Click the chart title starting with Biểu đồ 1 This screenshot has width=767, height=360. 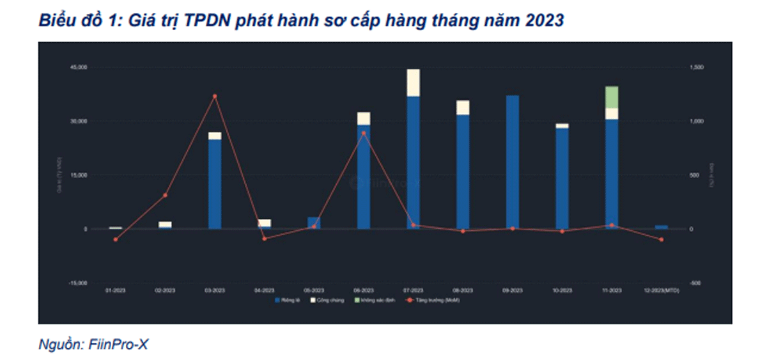(300, 20)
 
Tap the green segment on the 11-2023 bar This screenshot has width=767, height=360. (612, 97)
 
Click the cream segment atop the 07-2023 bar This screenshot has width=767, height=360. (414, 82)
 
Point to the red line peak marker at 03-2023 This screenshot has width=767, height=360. (215, 96)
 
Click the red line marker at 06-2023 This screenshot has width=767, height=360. (364, 133)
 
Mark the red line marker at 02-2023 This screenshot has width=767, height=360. (165, 195)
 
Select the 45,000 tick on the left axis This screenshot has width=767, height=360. (79, 67)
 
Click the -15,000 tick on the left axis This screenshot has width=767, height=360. (78, 283)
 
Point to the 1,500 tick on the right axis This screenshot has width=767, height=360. (696, 67)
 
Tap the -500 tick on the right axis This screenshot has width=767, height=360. (695, 283)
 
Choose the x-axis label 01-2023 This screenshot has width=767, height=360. (116, 290)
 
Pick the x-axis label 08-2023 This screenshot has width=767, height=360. (463, 290)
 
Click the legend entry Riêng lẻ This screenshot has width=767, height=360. (288, 300)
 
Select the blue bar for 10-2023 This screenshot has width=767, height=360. (562, 178)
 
